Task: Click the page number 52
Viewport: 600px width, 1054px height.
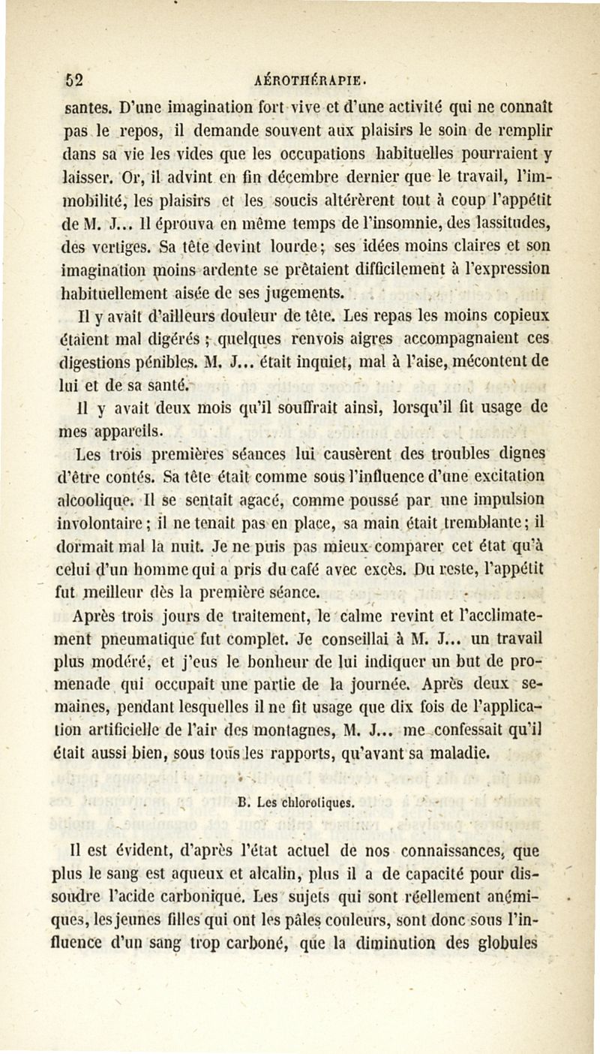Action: [x=72, y=79]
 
